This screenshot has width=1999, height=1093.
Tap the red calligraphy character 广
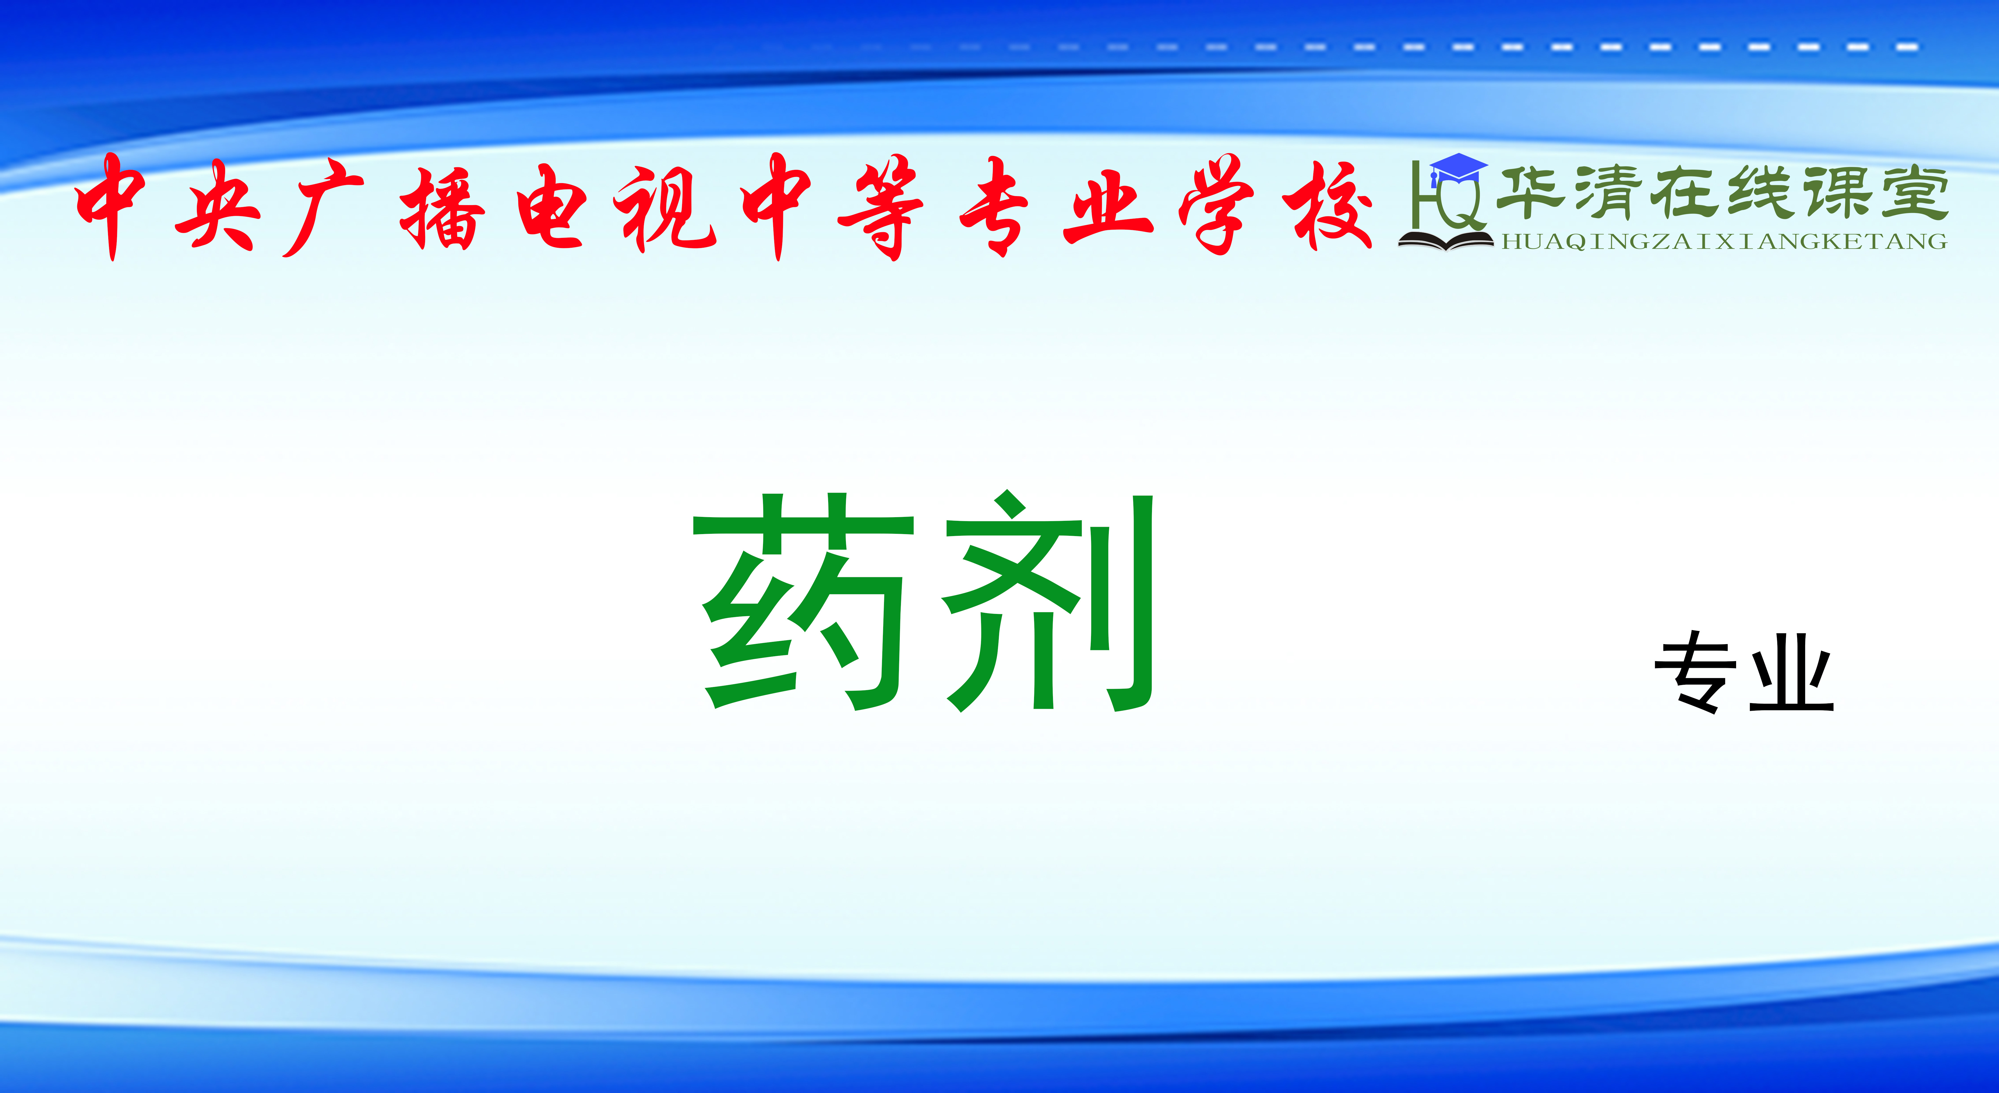pos(322,206)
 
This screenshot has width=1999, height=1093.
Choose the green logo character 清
pos(1618,192)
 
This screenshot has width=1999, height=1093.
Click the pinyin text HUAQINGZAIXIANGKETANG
pos(1724,242)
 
